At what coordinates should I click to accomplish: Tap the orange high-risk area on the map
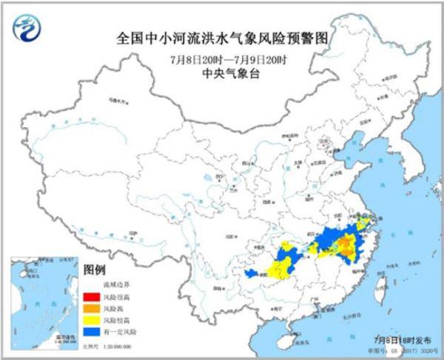coord(345,247)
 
